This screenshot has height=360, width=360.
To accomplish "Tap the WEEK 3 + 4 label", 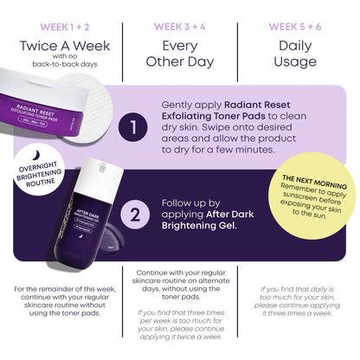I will [x=179, y=26].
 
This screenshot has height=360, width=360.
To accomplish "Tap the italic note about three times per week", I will [x=180, y=328].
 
